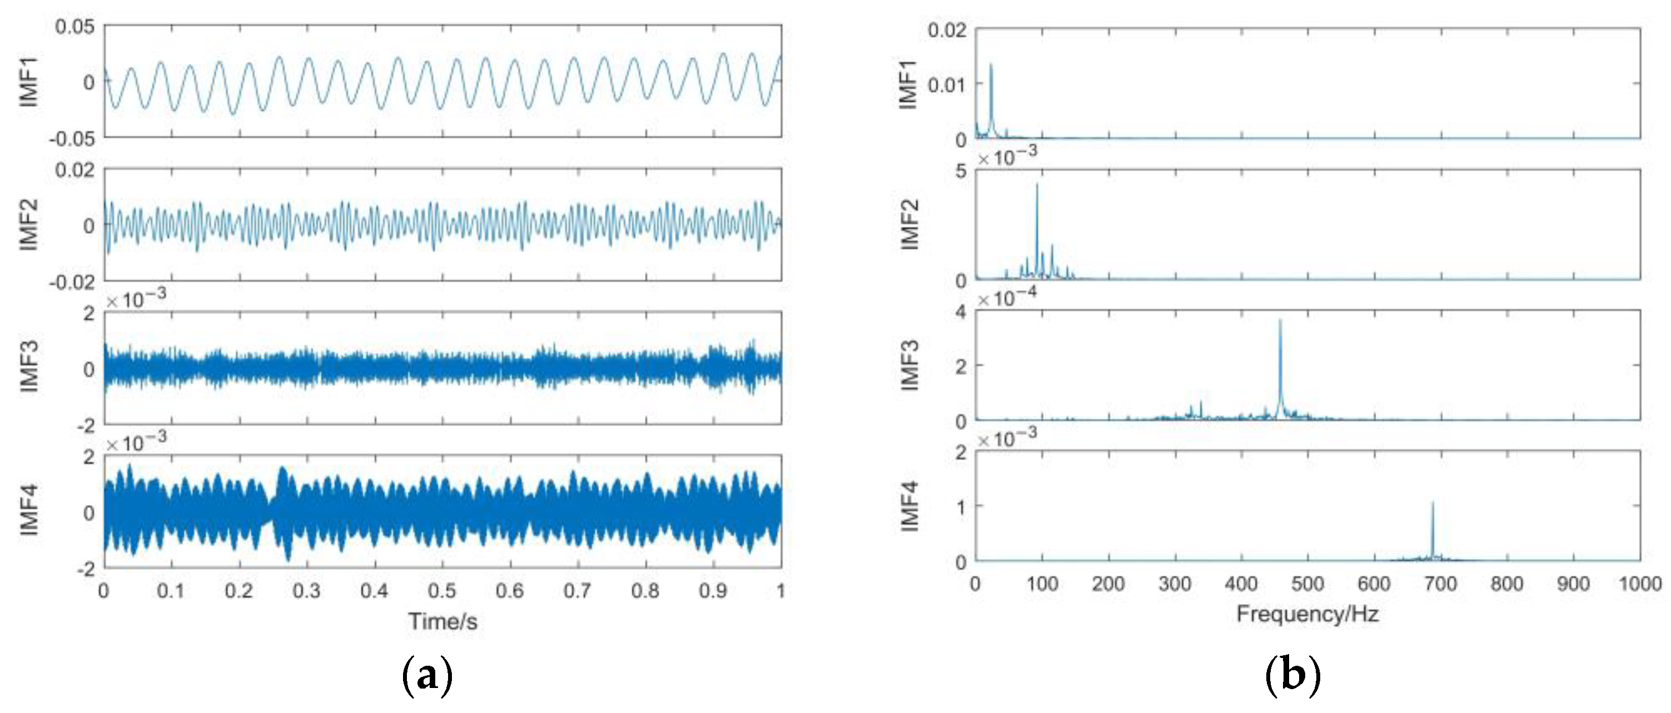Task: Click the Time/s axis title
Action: coord(442,621)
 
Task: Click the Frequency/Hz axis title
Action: coord(1307,614)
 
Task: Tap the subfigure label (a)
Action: coord(427,677)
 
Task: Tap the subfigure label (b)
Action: coord(1292,677)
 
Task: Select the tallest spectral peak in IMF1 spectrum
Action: coord(991,65)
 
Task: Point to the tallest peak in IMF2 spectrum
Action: coord(1037,186)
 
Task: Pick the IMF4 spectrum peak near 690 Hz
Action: coord(1433,503)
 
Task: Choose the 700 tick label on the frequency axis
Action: coord(1440,584)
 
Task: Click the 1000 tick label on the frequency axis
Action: coord(1640,584)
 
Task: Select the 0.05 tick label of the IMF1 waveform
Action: coord(74,27)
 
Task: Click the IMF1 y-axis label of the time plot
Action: coord(30,82)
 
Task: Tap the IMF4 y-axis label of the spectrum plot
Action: coord(910,507)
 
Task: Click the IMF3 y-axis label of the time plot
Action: coord(30,367)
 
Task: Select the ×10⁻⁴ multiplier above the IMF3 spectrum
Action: coord(1007,298)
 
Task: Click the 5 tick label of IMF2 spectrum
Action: coord(960,171)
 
